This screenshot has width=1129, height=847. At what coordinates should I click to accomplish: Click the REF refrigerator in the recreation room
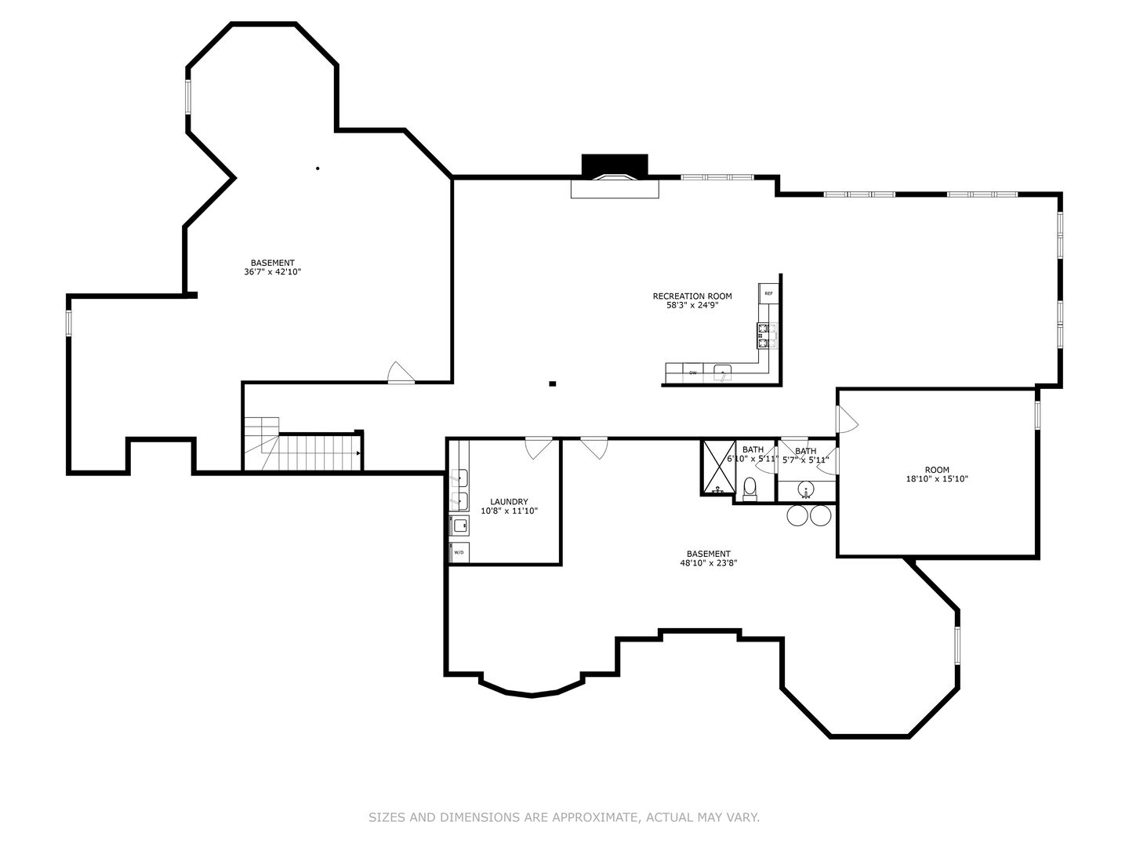768,293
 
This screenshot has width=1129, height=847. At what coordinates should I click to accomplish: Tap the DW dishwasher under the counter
693,373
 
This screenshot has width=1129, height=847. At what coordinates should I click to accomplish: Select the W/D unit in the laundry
459,552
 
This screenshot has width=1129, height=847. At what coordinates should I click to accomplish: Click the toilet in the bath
750,488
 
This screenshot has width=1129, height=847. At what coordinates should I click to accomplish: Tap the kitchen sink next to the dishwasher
721,372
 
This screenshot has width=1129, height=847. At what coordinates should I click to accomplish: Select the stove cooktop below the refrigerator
767,336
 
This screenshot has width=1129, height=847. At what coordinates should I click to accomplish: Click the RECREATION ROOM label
692,296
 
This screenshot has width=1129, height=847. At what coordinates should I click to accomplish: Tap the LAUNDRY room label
509,502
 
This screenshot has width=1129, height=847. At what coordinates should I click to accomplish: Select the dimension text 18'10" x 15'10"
937,478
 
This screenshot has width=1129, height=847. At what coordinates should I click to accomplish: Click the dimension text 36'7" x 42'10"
272,272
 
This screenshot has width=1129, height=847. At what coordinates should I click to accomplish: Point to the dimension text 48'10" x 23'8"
708,562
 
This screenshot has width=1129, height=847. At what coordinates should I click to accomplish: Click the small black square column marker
553,384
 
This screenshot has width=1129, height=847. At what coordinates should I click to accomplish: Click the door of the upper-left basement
401,373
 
